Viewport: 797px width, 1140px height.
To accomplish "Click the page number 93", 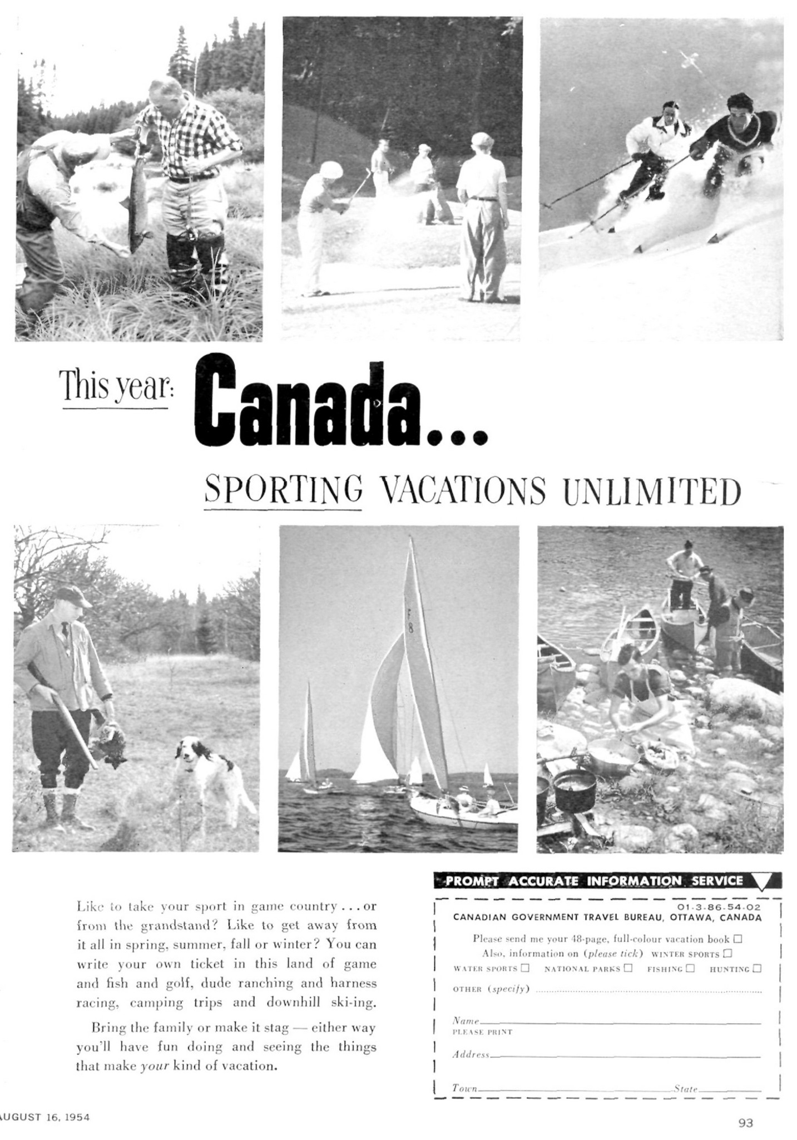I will click(x=745, y=1123).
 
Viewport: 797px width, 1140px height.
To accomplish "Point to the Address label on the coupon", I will click(x=470, y=1054).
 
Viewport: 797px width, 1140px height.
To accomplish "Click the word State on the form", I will click(x=686, y=1088).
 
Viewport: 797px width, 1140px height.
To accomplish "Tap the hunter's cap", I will click(x=73, y=596).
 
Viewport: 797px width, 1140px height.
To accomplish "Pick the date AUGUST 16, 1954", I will click(x=44, y=1117).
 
